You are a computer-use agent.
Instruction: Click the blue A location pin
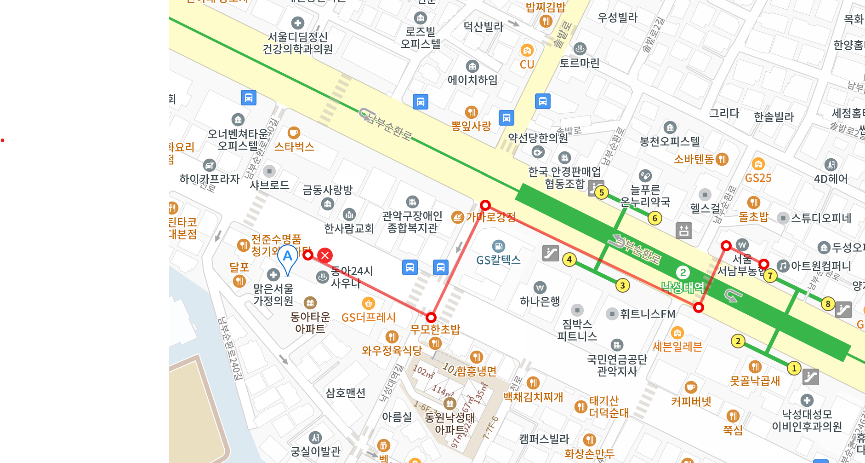coord(288,257)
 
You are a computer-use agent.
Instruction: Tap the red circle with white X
coord(325,255)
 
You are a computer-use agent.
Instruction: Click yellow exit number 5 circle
coord(602,192)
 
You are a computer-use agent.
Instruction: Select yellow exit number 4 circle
coord(569,260)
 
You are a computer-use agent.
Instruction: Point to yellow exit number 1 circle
coord(794,368)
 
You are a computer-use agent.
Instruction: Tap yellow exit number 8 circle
coord(828,304)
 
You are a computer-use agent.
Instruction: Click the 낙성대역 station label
coord(683,288)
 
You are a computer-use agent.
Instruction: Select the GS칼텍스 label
coord(498,260)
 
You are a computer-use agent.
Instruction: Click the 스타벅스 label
coord(294,147)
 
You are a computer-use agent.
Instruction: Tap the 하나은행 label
coord(540,301)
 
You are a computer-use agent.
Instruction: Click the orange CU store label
coord(527,64)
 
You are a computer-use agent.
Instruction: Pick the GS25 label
coord(758,178)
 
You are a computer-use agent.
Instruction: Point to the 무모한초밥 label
coord(435,330)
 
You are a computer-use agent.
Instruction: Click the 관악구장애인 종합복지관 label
coord(412,222)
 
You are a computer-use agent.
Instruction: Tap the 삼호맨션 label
coord(346,393)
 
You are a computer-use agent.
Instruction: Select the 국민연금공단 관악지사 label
coord(617,365)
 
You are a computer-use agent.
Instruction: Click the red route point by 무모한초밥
coord(431,318)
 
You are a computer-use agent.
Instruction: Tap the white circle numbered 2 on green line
coord(683,272)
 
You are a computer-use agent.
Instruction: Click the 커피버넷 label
coord(691,401)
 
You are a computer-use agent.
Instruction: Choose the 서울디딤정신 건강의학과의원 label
coord(297,43)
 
